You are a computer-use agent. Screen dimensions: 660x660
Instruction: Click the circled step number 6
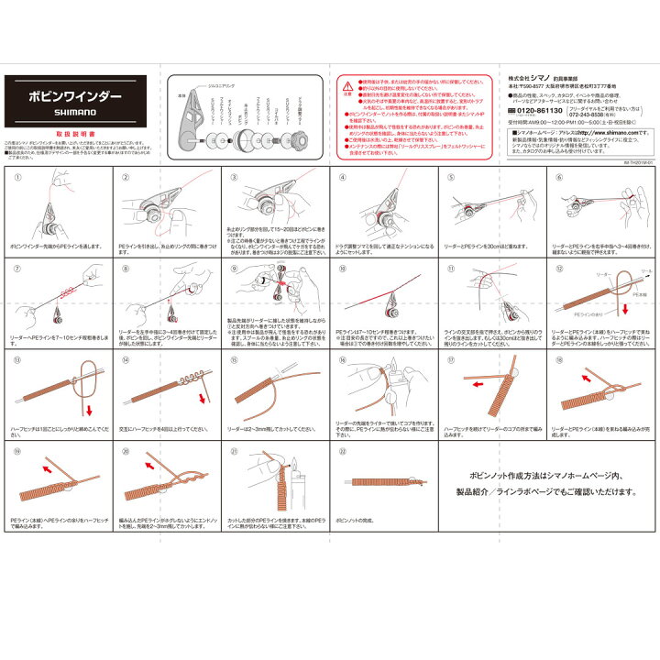pyautogui.click(x=559, y=175)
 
